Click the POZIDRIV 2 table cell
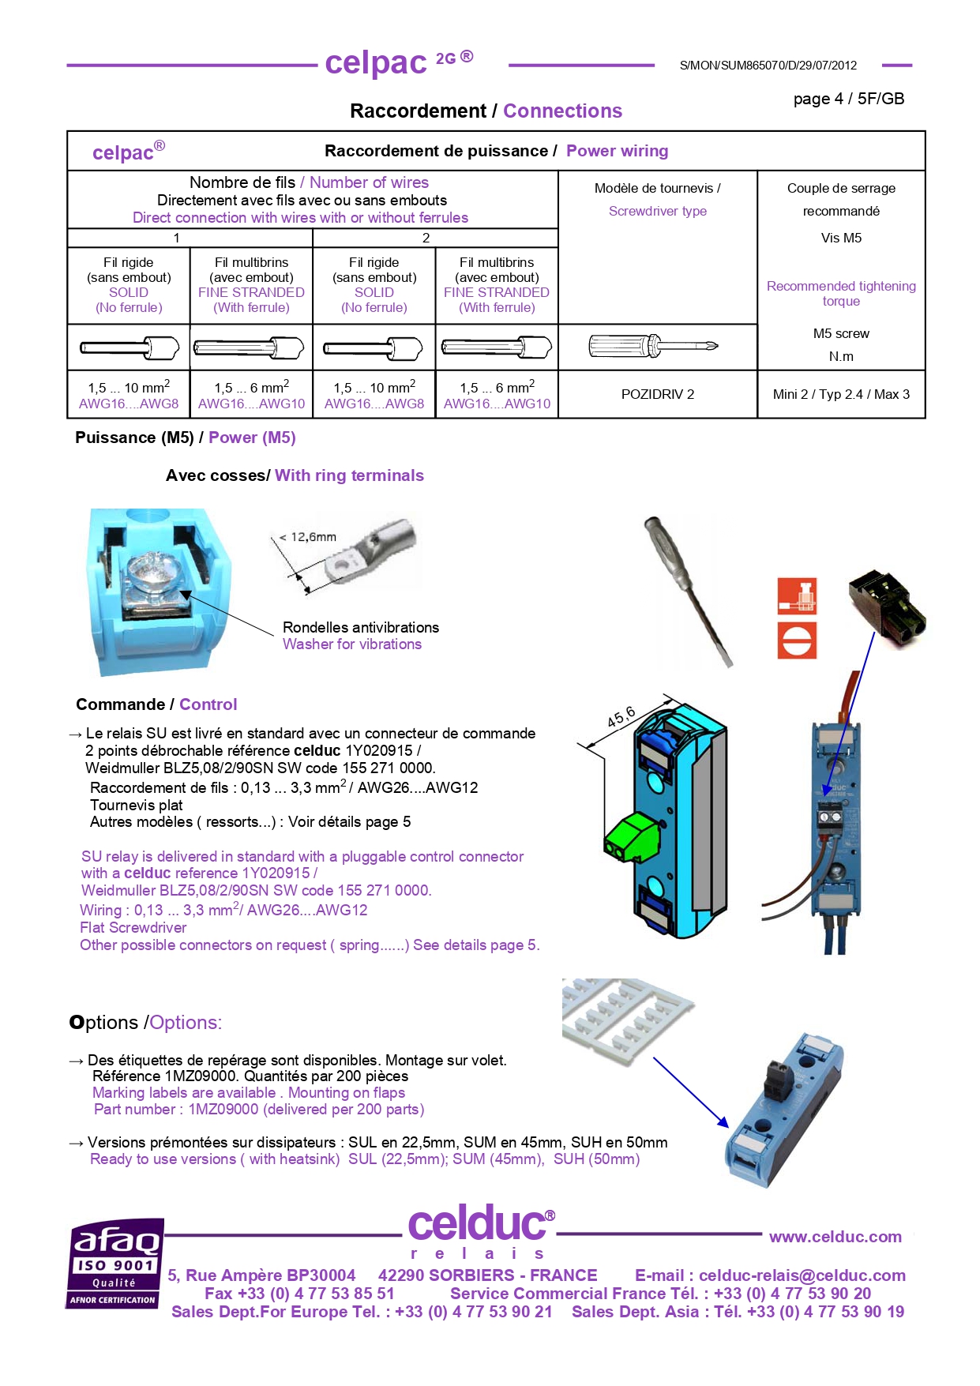point(657,394)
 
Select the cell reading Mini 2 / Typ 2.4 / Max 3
point(841,394)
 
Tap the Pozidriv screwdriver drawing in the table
point(653,346)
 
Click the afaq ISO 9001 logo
point(115,1263)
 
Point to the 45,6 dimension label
point(621,716)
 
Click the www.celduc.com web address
point(835,1237)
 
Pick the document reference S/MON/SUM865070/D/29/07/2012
point(768,66)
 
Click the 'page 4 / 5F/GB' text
point(848,99)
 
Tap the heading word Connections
point(562,111)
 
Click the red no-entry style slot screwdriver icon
point(797,640)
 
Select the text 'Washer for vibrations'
point(352,644)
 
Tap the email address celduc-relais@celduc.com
point(802,1275)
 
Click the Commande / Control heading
point(156,704)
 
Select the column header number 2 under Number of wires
point(426,238)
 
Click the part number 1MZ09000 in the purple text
point(223,1110)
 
